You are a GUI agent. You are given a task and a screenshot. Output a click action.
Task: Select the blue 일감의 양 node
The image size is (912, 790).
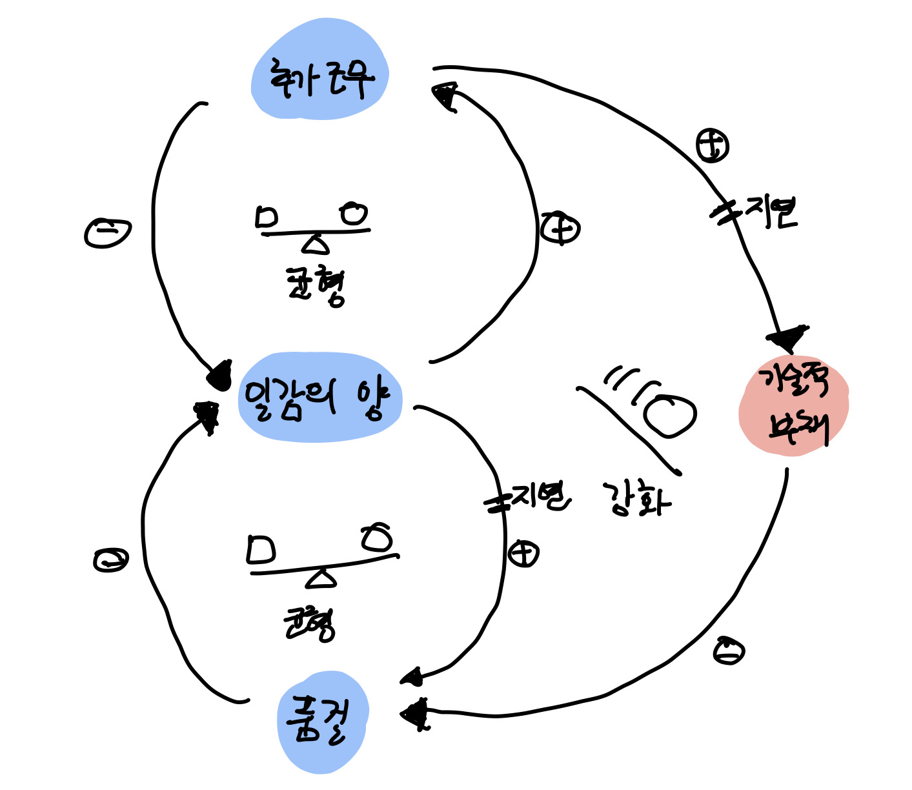[x=319, y=398]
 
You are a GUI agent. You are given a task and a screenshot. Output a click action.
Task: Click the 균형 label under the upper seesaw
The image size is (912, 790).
[x=316, y=287]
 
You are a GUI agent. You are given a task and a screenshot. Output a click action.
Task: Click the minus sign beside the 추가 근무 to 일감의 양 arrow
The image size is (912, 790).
[x=108, y=232]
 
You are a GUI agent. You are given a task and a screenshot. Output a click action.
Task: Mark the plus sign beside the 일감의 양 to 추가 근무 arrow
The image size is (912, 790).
[x=560, y=228]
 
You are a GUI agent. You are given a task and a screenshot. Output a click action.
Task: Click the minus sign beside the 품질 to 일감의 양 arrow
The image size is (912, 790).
[x=110, y=560]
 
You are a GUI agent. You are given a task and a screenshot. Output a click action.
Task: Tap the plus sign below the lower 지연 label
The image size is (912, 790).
[x=523, y=554]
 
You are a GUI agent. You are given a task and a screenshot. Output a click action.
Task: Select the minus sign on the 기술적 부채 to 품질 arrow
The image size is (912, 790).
[x=729, y=651]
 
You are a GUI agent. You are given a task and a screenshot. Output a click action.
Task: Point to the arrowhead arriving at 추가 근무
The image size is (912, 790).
[x=445, y=95]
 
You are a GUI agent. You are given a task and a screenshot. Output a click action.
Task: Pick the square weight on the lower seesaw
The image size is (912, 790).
[x=261, y=549]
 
